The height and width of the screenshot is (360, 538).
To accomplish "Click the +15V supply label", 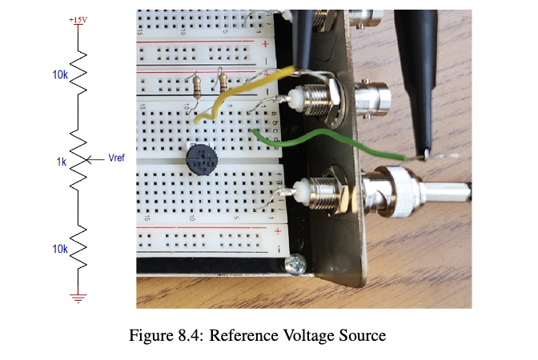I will pyautogui.click(x=78, y=18).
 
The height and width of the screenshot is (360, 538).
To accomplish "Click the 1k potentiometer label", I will pyautogui.click(x=61, y=162).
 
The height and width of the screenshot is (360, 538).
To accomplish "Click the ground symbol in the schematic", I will pyautogui.click(x=78, y=298).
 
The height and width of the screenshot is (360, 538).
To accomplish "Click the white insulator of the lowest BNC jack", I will pyautogui.click(x=303, y=192).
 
